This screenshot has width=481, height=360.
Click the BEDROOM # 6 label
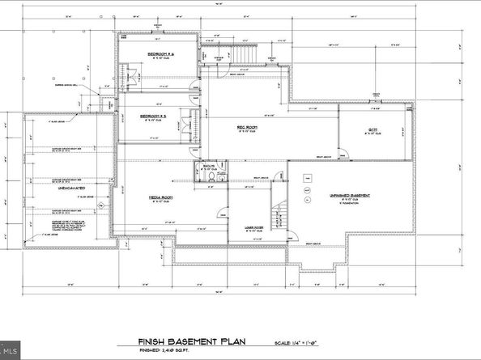pyautogui.click(x=160, y=54)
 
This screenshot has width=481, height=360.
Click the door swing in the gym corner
pyautogui.click(x=342, y=153)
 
